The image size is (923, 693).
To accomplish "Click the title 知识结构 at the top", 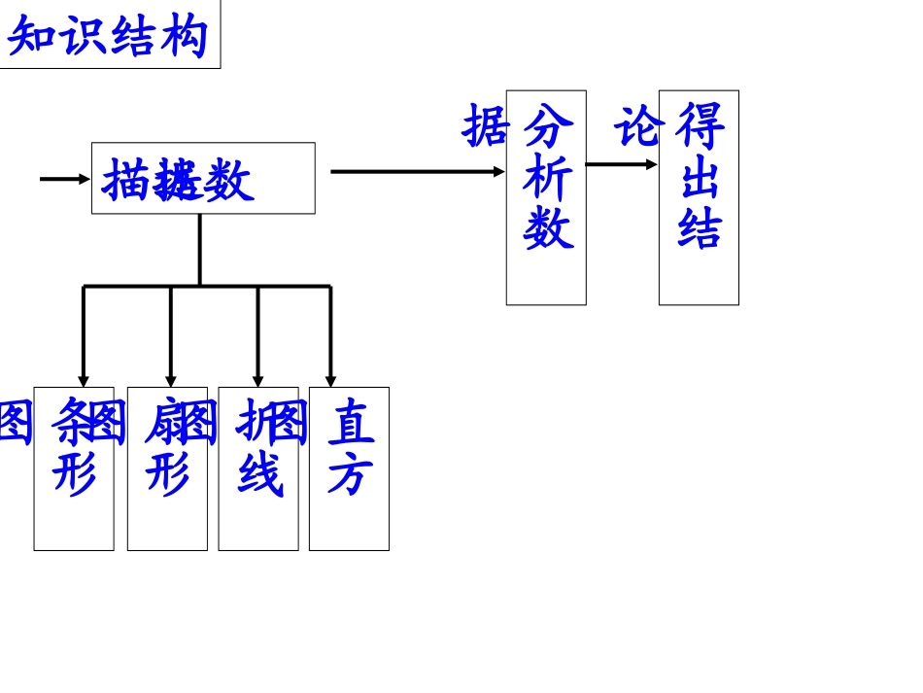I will click(x=108, y=36).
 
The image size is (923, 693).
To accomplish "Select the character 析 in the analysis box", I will click(x=547, y=179).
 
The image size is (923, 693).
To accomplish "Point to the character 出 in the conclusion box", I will click(x=700, y=179).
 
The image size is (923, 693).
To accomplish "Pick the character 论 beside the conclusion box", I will click(x=637, y=127).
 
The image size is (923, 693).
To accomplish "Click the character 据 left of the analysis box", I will click(x=485, y=126).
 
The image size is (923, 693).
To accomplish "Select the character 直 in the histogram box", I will click(x=350, y=422).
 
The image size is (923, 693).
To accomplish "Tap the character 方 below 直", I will click(x=350, y=474).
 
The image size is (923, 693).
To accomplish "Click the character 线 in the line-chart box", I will click(x=259, y=474).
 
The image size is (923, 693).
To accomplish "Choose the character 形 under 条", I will click(x=74, y=474).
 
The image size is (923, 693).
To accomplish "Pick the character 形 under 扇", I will click(x=167, y=474).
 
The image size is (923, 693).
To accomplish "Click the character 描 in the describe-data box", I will click(x=125, y=181).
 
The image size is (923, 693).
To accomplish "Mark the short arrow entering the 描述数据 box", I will click(x=64, y=179).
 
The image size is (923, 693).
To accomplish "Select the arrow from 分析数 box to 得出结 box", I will click(x=622, y=164).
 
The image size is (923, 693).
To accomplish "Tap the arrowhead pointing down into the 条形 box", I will click(x=84, y=381).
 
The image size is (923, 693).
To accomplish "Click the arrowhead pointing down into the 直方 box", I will click(x=330, y=381).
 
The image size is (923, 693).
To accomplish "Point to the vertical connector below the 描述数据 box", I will click(x=200, y=249).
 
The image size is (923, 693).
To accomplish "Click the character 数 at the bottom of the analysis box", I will click(x=547, y=229).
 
